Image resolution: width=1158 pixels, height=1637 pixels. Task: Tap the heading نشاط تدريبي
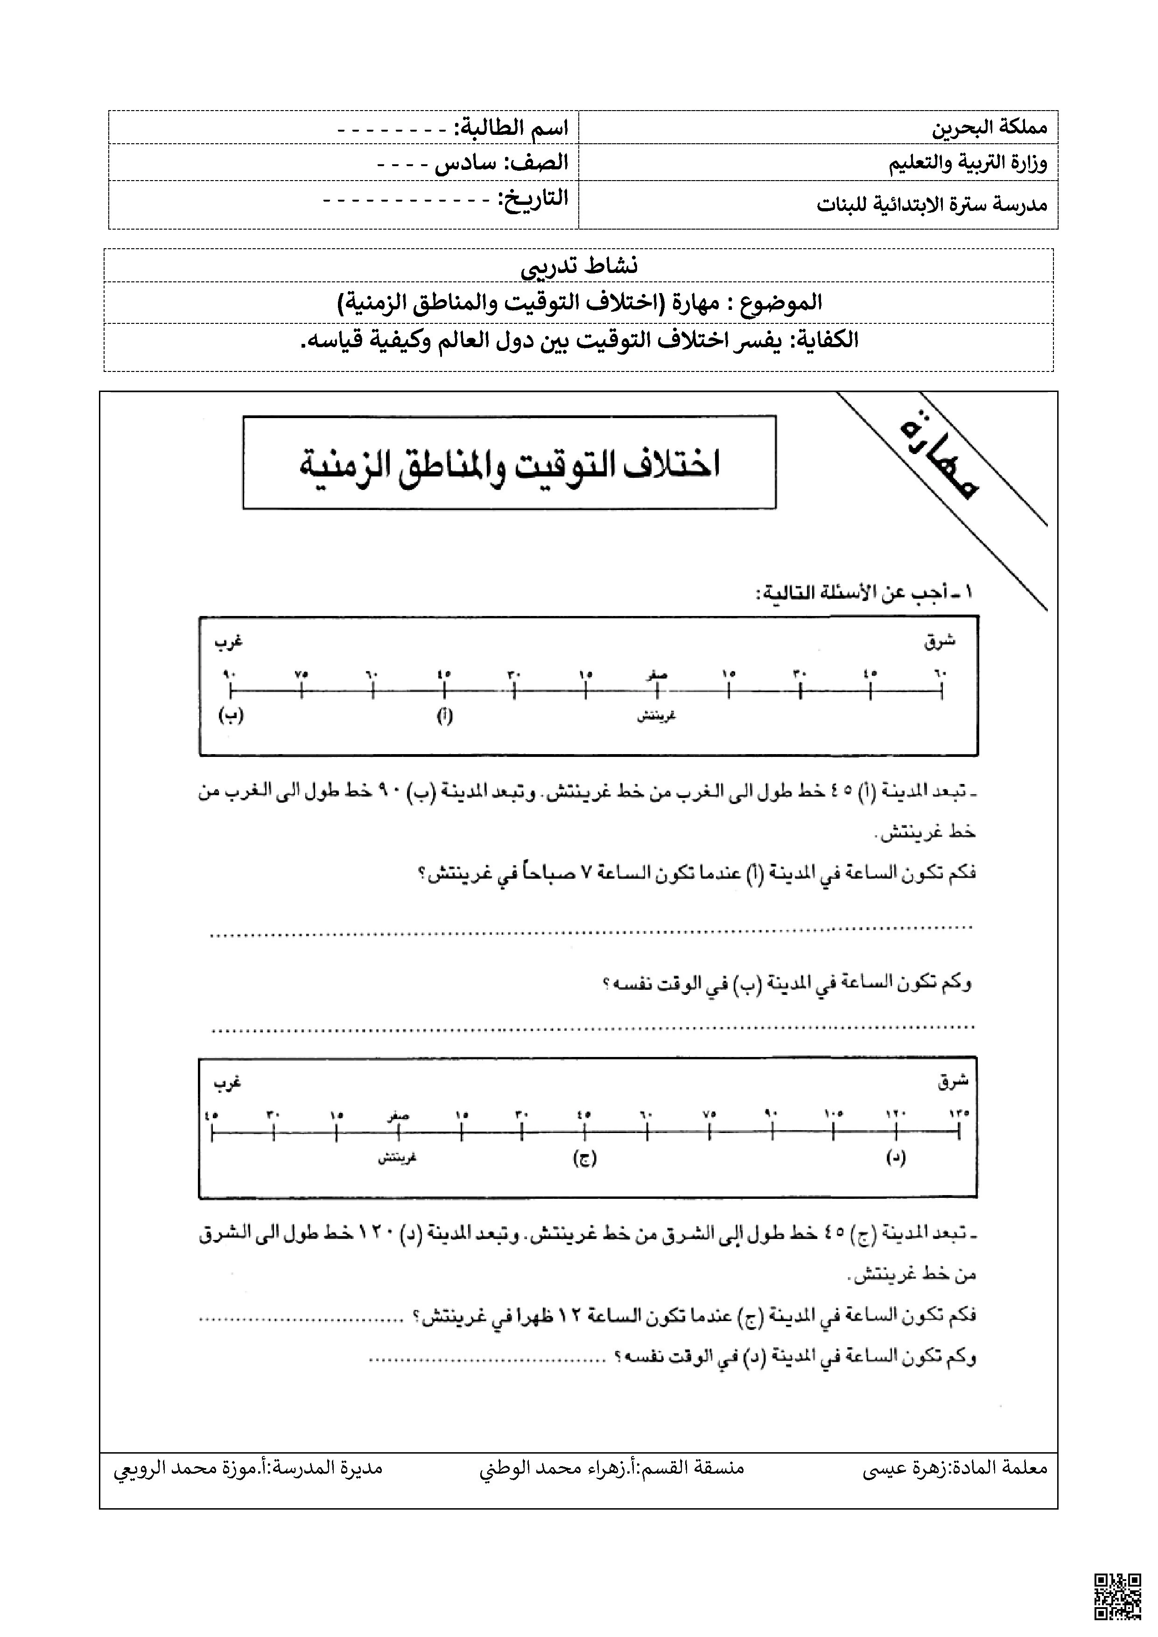[x=579, y=266]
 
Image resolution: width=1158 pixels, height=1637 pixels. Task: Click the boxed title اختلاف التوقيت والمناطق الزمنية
[x=509, y=463]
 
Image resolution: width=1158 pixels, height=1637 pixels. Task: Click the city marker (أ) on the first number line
[x=444, y=716]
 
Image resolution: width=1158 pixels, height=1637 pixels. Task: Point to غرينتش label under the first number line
[x=656, y=716]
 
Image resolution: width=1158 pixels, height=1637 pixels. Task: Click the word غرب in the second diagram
[x=227, y=1083]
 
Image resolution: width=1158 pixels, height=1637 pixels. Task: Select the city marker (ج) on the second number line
[x=584, y=1159]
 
